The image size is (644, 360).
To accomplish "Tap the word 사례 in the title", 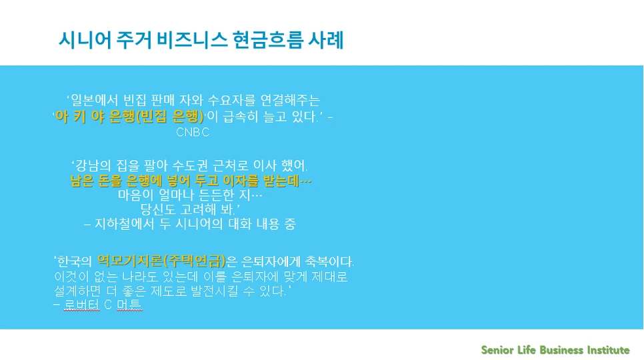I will [326, 41].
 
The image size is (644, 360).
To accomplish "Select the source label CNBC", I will [193, 132].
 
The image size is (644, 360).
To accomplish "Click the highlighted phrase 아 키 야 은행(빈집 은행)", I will [129, 116].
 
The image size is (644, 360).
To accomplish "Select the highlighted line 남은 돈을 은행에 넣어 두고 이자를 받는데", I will [191, 181].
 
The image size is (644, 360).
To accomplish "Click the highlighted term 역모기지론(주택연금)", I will [162, 261].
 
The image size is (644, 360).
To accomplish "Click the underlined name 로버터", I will [82, 305].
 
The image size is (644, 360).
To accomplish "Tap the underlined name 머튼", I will [129, 305].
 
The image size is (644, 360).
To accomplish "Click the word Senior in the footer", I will [497, 350].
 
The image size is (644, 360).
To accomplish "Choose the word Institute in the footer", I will [607, 350].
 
